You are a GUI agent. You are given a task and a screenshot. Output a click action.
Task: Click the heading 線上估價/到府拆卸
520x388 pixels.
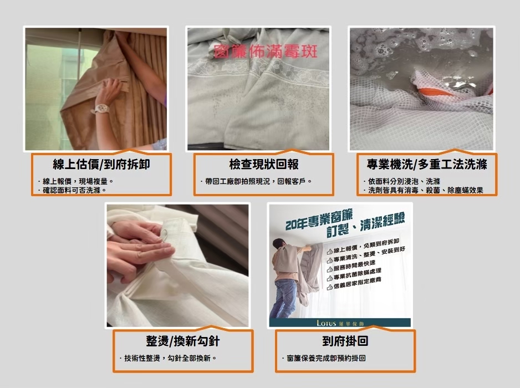(x=101, y=164)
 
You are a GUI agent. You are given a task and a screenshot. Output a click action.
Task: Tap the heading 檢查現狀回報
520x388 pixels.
(x=264, y=164)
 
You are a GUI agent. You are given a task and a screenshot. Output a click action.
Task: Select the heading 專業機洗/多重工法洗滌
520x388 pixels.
(x=427, y=164)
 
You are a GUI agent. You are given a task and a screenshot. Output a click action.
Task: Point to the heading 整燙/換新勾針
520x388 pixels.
(x=183, y=341)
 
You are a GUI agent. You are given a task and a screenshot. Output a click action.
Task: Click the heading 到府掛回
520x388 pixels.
(x=345, y=341)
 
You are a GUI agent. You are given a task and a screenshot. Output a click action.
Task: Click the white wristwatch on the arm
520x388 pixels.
(x=101, y=109)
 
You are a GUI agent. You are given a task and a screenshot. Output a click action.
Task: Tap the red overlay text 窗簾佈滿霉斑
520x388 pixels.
(x=266, y=52)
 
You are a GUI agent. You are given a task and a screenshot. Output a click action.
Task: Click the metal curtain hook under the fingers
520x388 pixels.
(x=164, y=234)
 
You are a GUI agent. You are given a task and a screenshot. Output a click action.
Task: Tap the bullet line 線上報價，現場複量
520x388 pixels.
(x=76, y=181)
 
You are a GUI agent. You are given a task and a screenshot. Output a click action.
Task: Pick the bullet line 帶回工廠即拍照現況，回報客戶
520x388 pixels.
(x=256, y=181)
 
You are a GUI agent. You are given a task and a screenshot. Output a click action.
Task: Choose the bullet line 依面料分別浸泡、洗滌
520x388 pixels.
(x=401, y=181)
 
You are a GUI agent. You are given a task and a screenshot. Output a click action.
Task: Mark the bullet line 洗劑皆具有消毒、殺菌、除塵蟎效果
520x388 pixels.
(x=423, y=190)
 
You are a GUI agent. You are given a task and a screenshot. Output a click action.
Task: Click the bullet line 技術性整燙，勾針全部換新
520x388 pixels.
(x=168, y=359)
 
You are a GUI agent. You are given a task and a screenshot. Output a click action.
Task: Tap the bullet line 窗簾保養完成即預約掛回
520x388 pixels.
(x=324, y=359)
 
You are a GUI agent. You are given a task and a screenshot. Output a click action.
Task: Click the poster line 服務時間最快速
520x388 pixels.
(x=351, y=266)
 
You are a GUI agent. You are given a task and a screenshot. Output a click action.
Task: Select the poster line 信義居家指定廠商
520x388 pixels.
(x=354, y=283)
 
